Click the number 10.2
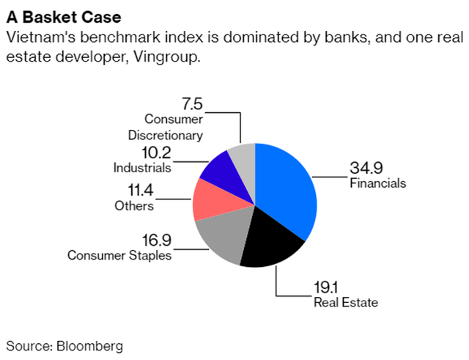tap(154, 153)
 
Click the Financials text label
tap(377, 183)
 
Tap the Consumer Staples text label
tap(119, 254)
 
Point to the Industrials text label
tap(142, 167)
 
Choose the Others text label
tap(134, 205)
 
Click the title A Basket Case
tap(53, 15)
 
